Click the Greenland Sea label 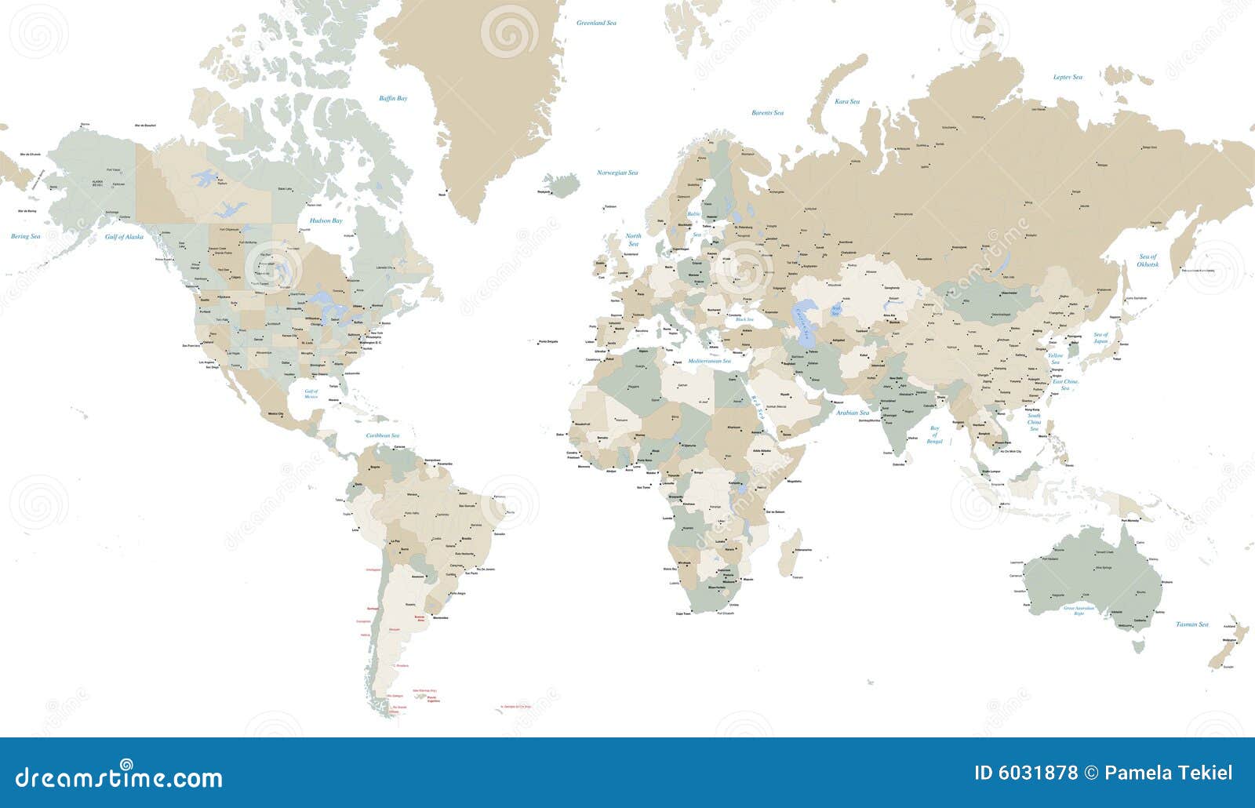click(596, 24)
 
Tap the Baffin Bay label click(393, 99)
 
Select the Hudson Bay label click(326, 221)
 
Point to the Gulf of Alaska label click(125, 236)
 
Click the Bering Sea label click(25, 236)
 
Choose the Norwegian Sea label click(617, 173)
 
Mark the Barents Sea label click(767, 113)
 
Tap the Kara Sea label click(846, 102)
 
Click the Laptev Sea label click(1068, 77)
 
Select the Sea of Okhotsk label click(1148, 260)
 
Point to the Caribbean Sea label click(383, 435)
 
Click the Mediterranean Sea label click(709, 361)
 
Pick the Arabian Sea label click(853, 413)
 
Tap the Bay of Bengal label click(934, 435)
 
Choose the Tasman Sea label click(1192, 624)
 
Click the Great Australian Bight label click(1079, 610)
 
